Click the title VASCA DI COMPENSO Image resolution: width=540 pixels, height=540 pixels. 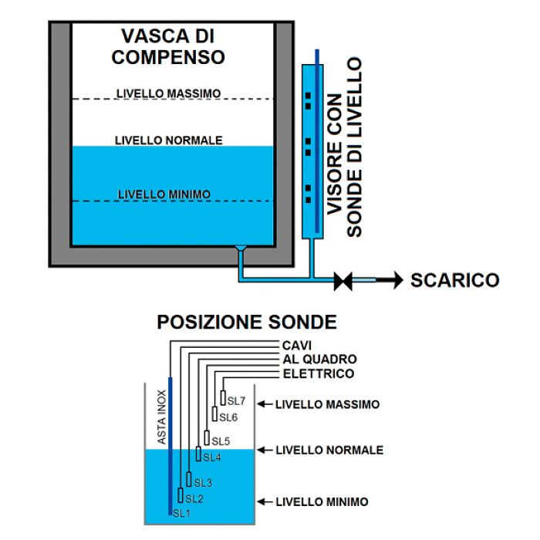(168, 47)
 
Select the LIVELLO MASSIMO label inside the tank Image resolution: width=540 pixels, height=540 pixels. (168, 93)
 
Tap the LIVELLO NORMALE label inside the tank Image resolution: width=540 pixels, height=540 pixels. (168, 140)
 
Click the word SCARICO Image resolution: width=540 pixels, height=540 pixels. (454, 281)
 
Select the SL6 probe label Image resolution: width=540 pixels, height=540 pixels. (228, 417)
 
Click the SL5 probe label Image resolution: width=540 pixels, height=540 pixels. (220, 441)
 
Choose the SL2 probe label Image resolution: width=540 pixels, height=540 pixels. (194, 499)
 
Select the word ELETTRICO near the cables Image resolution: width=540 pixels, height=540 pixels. (317, 374)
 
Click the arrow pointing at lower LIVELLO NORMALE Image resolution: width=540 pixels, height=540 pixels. (265, 450)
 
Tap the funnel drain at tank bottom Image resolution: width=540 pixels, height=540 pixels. (240, 250)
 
